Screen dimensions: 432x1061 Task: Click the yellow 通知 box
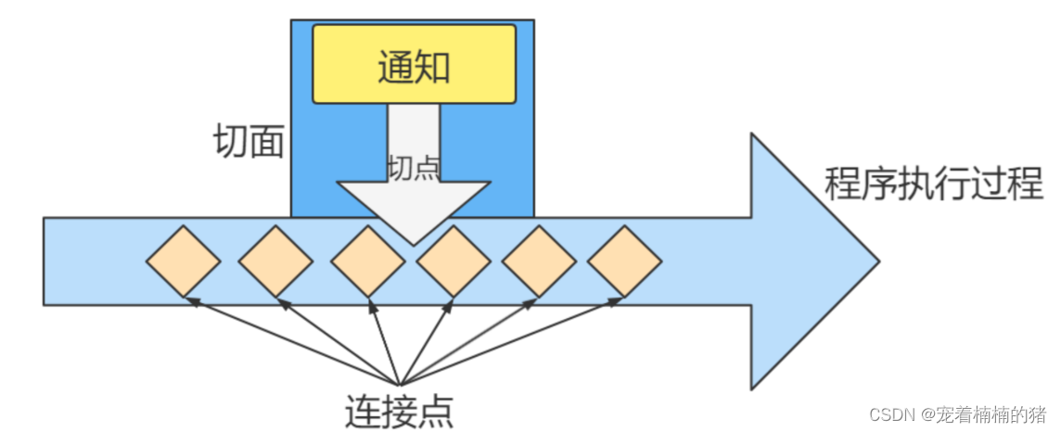pyautogui.click(x=414, y=64)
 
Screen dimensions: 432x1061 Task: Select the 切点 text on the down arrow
pyautogui.click(x=413, y=167)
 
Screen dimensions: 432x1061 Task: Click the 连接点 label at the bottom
pyautogui.click(x=400, y=407)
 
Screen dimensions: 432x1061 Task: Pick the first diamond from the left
pyautogui.click(x=183, y=260)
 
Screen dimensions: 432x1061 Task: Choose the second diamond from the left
pyautogui.click(x=275, y=260)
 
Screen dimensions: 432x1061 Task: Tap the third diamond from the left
pyautogui.click(x=368, y=260)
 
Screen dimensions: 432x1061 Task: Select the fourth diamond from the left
pyautogui.click(x=454, y=260)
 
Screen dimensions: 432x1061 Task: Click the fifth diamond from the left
pyautogui.click(x=539, y=260)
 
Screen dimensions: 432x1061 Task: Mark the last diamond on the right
pyautogui.click(x=624, y=260)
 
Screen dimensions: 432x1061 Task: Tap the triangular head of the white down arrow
pyautogui.click(x=413, y=209)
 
